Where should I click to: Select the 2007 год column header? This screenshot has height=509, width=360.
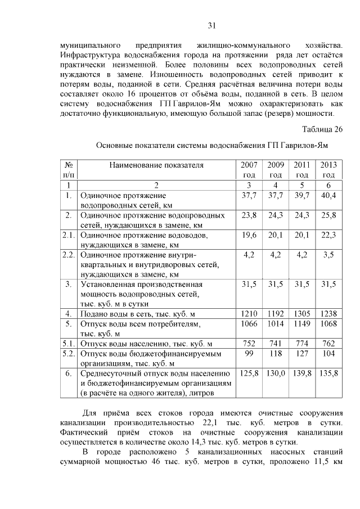(249, 170)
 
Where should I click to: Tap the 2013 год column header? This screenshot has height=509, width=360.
(328, 170)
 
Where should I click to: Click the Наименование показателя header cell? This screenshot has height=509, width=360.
(156, 165)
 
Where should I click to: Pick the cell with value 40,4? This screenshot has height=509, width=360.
(328, 195)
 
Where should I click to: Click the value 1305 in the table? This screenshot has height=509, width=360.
(302, 313)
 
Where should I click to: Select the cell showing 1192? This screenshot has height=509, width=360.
(276, 313)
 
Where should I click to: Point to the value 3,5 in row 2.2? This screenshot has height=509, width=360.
(328, 254)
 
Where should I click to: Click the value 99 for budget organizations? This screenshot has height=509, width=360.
(249, 354)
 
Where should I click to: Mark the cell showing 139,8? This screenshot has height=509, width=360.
(302, 373)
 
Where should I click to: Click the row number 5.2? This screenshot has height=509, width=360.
(69, 354)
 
